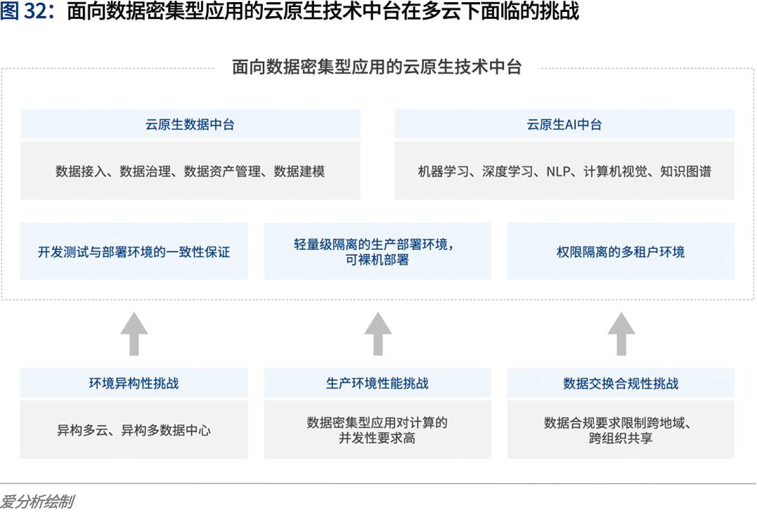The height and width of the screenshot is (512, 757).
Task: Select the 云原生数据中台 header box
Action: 190,125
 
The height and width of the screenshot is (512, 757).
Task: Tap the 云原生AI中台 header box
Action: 564,125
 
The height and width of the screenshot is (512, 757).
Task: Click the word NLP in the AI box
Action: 558,171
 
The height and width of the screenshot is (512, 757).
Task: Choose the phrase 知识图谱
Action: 686,171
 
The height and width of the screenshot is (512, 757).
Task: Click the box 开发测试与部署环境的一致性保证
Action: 134,251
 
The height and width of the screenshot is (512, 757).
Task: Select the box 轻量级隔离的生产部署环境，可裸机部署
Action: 377,251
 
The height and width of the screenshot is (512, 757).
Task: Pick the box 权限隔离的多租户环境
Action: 620,251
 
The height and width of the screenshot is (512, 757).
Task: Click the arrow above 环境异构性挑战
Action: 134,333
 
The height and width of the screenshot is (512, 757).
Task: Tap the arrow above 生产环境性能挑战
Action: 378,333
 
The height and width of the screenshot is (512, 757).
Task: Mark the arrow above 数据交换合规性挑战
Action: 621,333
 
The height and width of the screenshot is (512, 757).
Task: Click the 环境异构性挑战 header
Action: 134,383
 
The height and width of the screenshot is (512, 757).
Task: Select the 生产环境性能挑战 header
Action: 377,383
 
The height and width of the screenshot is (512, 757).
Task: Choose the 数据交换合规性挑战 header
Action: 620,383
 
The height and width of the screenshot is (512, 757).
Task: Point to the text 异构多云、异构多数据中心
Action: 134,430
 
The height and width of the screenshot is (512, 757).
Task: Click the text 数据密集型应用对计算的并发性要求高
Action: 377,430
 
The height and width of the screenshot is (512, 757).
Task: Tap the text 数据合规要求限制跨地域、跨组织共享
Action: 620,430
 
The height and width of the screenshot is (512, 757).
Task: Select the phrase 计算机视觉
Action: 615,171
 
